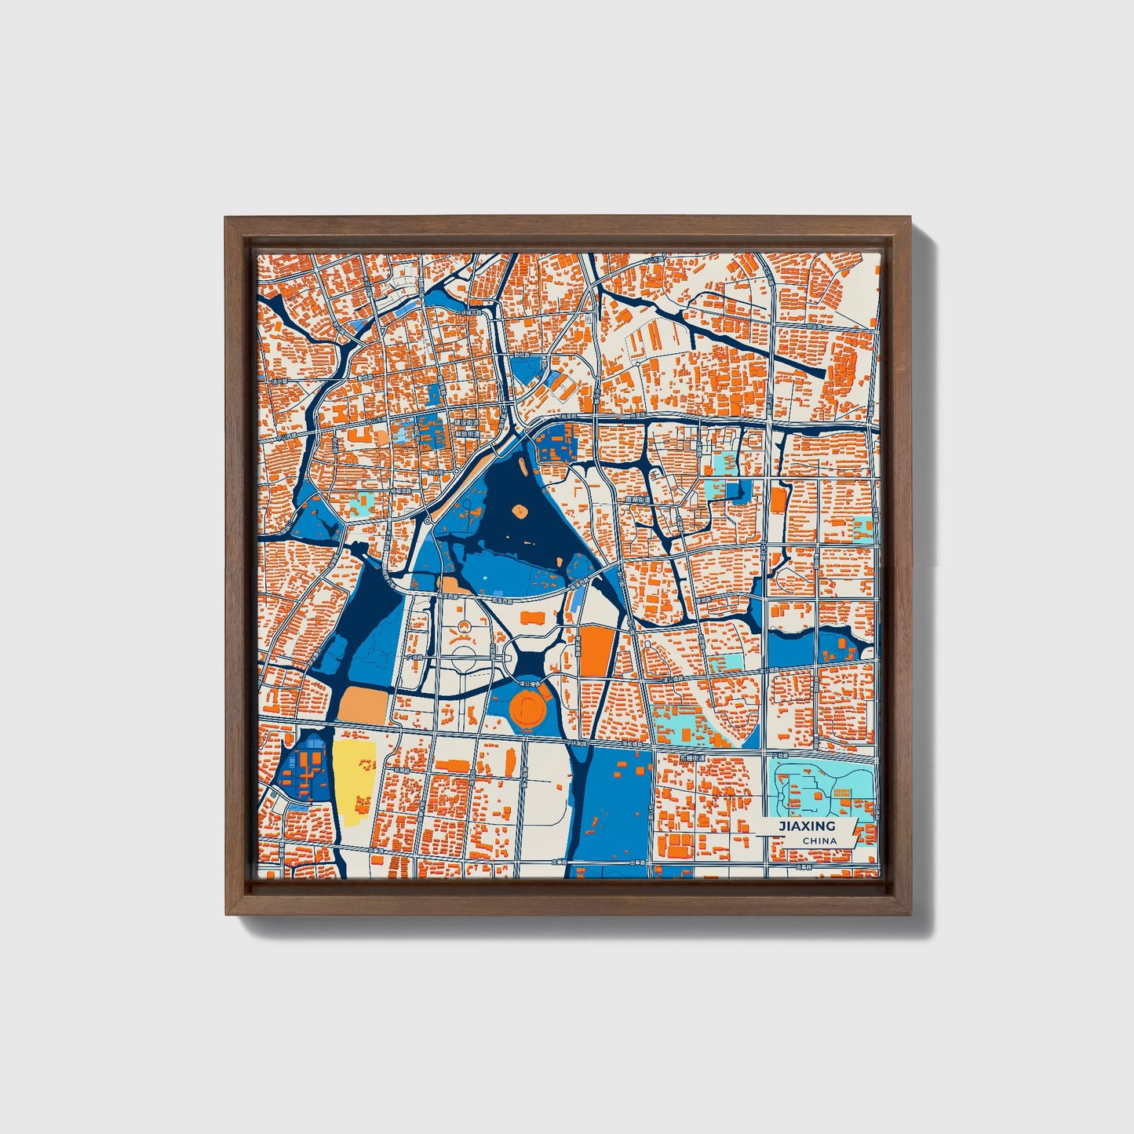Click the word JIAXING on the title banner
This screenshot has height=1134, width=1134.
(x=806, y=826)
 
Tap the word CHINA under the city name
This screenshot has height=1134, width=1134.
(x=819, y=840)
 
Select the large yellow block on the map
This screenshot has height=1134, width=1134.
(x=354, y=778)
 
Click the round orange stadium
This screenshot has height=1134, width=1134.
(x=527, y=709)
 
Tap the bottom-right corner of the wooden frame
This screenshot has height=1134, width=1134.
(x=911, y=914)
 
